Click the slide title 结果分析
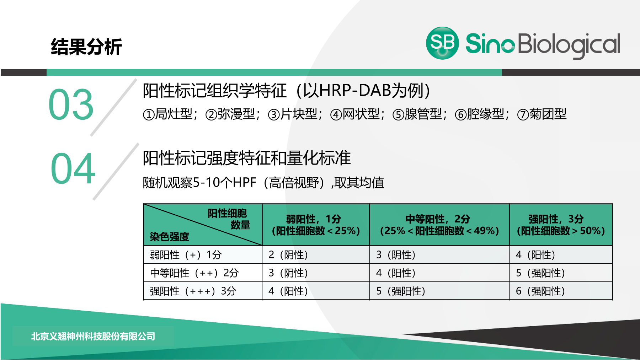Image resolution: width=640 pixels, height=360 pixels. point(86,47)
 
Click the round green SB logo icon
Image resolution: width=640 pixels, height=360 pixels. point(442,43)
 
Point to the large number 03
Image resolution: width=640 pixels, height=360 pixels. point(71,104)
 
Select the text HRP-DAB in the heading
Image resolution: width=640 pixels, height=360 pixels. point(356,90)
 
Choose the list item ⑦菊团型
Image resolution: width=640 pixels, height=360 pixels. point(542,114)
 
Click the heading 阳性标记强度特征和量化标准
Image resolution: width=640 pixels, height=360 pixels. point(247,158)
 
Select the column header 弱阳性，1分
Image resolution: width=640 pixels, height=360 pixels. point(314,219)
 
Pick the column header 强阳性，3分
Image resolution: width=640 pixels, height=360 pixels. point(556,219)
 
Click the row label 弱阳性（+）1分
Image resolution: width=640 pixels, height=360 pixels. point(186,255)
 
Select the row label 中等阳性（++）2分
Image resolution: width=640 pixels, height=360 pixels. point(194,273)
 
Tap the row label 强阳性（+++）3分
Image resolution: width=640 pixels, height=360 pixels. point(193,291)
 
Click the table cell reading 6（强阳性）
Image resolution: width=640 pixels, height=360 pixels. point(540,291)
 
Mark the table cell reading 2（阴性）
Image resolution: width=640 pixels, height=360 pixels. point(288,255)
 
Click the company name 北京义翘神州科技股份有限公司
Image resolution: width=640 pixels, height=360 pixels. point(93,336)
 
